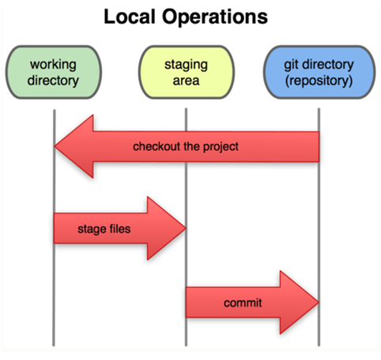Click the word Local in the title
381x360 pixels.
pos(129,17)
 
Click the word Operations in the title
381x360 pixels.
pos(215,17)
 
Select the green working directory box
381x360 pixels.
pos(54,72)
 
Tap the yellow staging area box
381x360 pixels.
pos(187,72)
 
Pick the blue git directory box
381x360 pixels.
pos(319,72)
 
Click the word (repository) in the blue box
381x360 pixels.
pos(319,81)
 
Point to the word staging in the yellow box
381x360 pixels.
pos(186,65)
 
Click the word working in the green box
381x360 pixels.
pos(53,65)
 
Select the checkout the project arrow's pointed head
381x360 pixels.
pos(55,146)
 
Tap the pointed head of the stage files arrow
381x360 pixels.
pos(186,228)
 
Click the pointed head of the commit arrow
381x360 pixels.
pos(319,302)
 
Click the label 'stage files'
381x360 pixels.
pos(104,229)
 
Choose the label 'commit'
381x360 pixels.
pos(243,303)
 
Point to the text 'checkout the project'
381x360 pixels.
pos(186,146)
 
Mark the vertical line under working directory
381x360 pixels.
pos(54,227)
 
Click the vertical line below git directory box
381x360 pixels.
pos(319,227)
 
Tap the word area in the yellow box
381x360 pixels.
pos(186,81)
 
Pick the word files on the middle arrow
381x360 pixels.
pos(120,229)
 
